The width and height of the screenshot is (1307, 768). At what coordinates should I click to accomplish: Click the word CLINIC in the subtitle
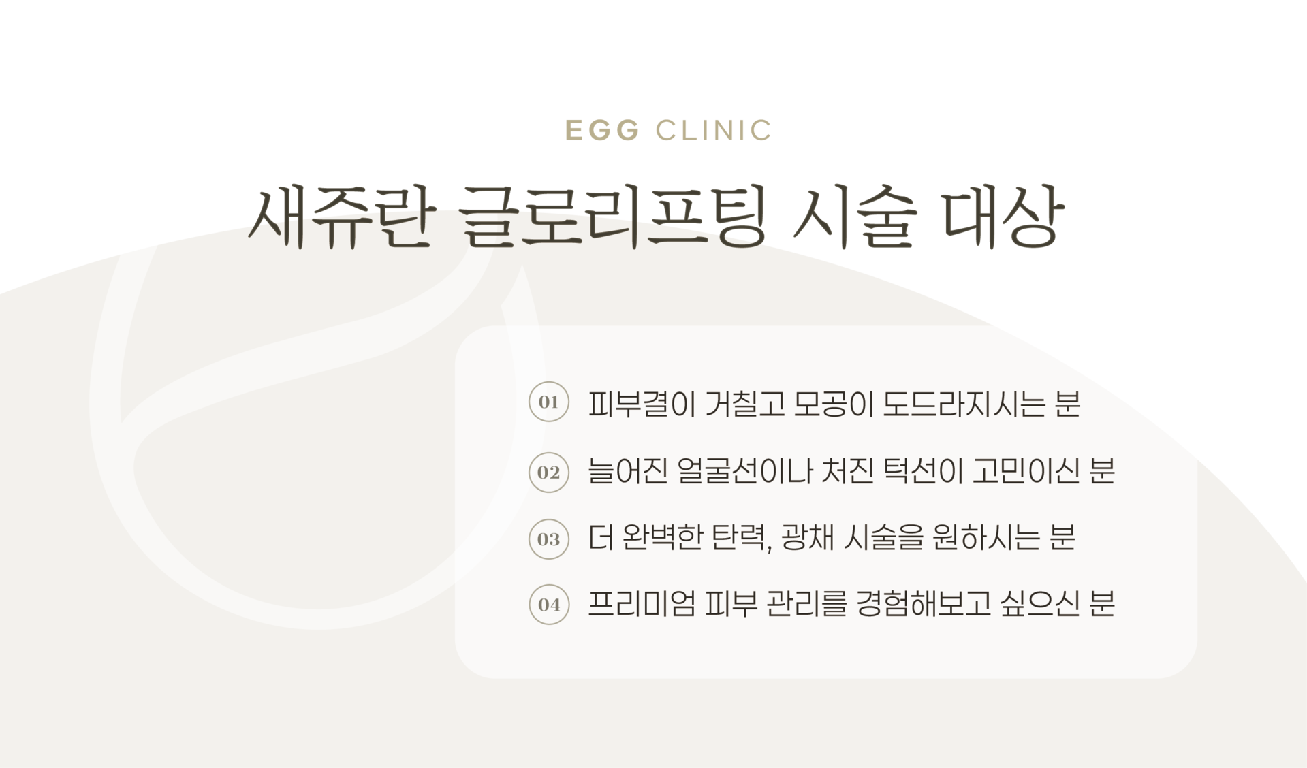[x=714, y=130]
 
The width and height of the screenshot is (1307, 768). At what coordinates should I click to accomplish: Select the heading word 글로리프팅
[x=610, y=218]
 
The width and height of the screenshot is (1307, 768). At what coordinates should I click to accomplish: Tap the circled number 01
[x=548, y=402]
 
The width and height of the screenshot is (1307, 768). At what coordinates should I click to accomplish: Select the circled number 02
[x=548, y=473]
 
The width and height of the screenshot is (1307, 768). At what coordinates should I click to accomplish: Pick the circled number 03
[x=548, y=539]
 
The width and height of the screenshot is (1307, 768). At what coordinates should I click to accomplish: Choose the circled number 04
[x=548, y=605]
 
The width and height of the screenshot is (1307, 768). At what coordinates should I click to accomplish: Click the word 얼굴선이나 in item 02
[x=746, y=472]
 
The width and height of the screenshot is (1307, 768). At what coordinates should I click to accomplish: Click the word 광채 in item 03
[x=804, y=539]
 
